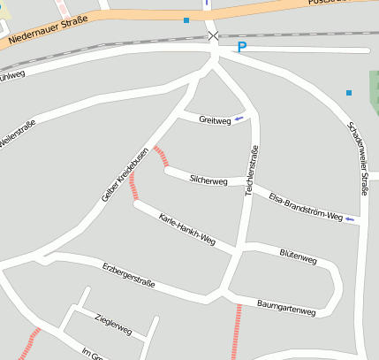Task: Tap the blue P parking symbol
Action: point(241,48)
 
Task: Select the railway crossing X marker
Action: point(213,35)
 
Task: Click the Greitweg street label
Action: point(214,119)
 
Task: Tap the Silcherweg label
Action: point(208,180)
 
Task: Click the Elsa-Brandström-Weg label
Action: point(305,205)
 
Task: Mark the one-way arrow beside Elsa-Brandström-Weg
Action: point(350,218)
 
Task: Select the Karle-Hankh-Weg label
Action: point(186,227)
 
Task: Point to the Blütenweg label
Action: point(298,257)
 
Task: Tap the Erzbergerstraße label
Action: point(128,274)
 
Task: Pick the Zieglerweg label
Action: point(112,324)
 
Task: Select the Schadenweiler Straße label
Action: point(358,157)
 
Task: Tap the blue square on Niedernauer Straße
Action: point(186,19)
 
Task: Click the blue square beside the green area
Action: point(349,92)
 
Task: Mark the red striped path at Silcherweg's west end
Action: point(161,157)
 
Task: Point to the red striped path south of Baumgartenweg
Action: point(237,331)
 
